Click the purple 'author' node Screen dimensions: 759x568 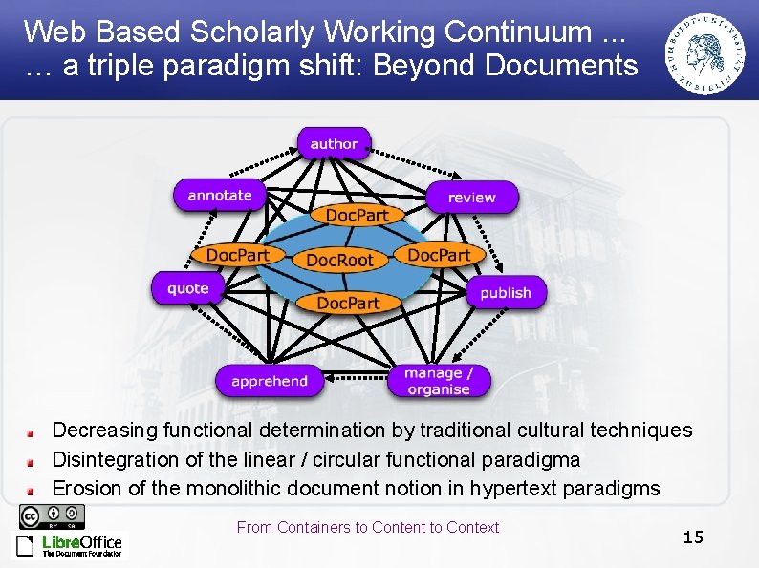coord(334,143)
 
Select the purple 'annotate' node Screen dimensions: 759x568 coord(220,195)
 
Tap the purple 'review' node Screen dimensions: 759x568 coord(471,198)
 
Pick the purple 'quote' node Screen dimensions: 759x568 coord(187,288)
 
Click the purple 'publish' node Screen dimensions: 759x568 coord(505,292)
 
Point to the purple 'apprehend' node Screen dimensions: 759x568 coord(270,381)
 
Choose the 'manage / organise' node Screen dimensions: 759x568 coord(439,381)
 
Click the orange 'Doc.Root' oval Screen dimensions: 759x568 coord(339,260)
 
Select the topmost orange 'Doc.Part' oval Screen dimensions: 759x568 coord(357,216)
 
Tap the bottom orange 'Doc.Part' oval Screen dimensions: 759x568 coord(348,303)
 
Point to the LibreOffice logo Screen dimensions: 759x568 coord(69,545)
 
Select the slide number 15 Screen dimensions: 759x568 coord(693,537)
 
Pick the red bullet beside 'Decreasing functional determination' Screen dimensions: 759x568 coord(31,432)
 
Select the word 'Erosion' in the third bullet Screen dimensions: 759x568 coord(86,489)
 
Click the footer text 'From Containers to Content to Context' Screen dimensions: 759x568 coord(367,527)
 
